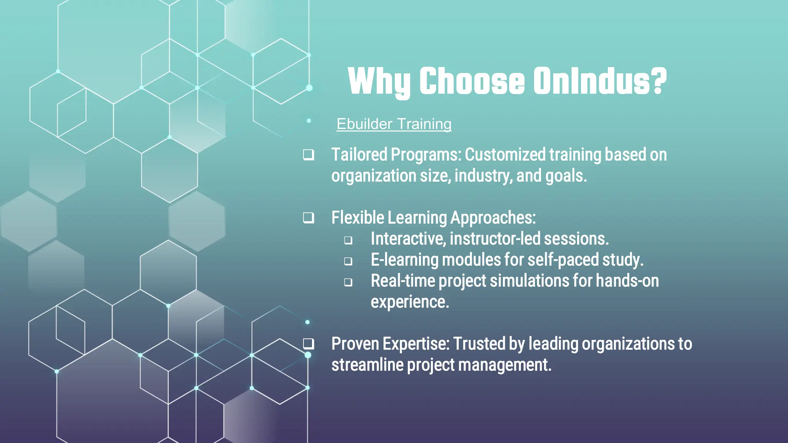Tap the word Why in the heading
click(x=379, y=81)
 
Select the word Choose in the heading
click(x=472, y=81)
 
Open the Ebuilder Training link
click(x=394, y=124)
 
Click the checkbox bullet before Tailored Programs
click(x=308, y=155)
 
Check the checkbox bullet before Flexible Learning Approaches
click(x=308, y=218)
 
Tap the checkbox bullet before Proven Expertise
click(x=308, y=344)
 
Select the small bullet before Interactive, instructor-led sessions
click(x=348, y=240)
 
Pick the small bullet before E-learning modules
click(x=348, y=261)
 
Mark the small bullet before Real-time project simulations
click(x=348, y=282)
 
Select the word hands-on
click(x=627, y=281)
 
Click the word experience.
click(x=410, y=302)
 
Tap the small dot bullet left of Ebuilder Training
click(x=309, y=121)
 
